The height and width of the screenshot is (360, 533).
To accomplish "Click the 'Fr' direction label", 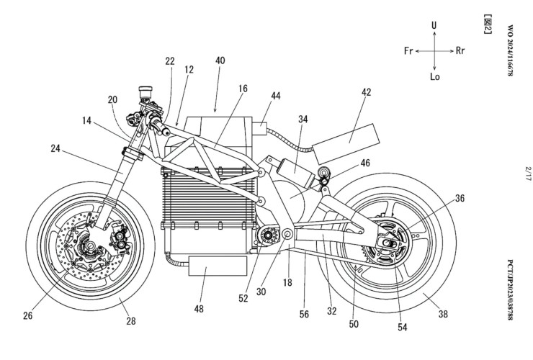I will point(408,52).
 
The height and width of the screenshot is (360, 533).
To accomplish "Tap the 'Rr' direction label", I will point(465,52).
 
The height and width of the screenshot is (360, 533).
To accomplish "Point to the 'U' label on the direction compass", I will point(434,24).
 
